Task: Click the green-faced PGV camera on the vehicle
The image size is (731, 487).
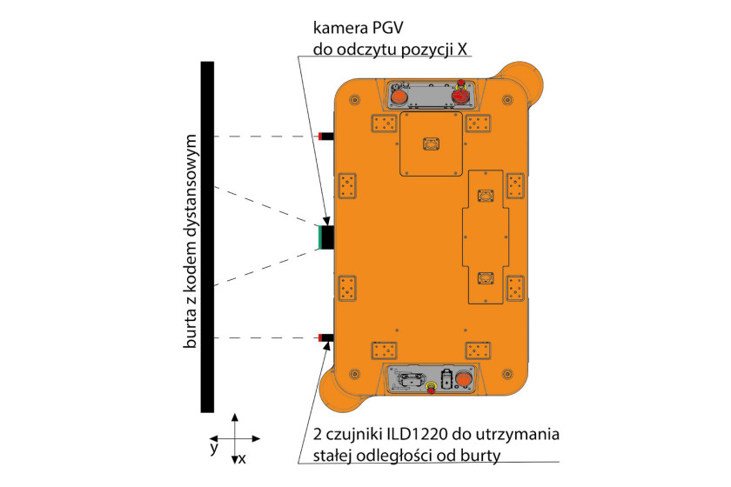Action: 325,237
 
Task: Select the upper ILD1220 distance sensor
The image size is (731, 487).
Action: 325,136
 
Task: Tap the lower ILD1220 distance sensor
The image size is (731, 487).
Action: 325,337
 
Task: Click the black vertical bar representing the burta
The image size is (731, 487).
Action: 207,237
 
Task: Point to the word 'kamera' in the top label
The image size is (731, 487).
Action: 340,28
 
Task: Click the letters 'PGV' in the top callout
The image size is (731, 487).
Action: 387,28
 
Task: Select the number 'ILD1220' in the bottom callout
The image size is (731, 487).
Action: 417,434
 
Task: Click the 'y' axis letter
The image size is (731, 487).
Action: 214,449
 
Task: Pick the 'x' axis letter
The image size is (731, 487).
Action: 242,459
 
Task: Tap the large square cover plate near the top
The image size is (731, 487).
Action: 432,143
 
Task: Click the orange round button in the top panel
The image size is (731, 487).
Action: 399,97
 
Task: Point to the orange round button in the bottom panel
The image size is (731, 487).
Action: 464,378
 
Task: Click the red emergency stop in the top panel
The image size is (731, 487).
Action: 460,95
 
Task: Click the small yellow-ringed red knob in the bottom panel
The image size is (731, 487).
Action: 432,387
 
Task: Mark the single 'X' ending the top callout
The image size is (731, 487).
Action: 462,49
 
